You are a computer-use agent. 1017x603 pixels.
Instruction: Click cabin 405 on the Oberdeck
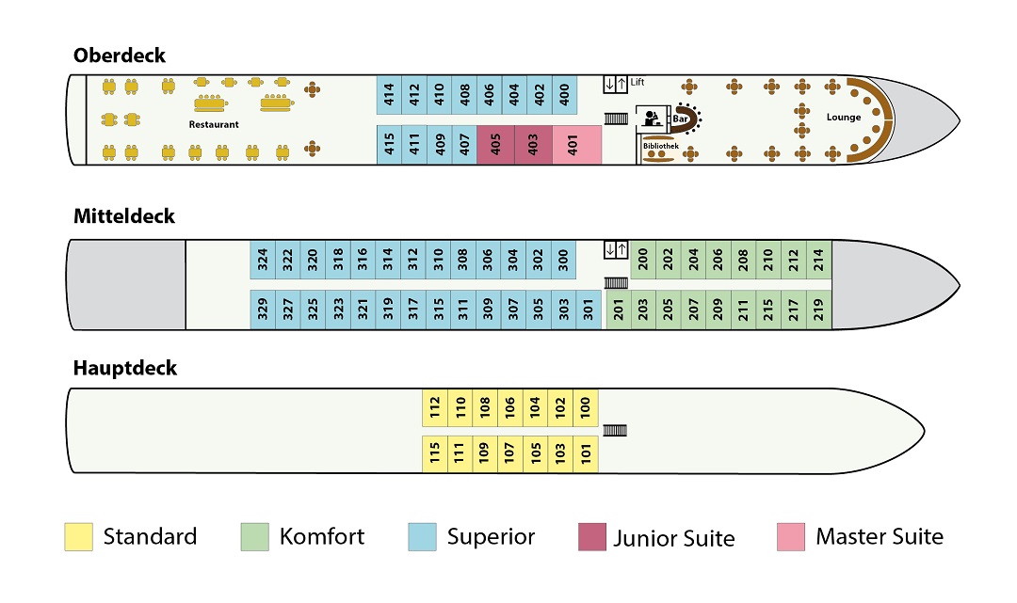click(495, 145)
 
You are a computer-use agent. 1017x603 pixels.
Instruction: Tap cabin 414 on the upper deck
click(389, 94)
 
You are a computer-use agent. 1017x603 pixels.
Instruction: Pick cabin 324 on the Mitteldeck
click(263, 259)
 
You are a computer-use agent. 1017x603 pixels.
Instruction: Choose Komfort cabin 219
click(818, 309)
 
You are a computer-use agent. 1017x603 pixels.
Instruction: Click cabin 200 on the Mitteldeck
click(643, 259)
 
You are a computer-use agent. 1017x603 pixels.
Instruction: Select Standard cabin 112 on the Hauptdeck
click(434, 406)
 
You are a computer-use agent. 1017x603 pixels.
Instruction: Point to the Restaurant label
click(214, 124)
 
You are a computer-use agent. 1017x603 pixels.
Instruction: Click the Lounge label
click(844, 117)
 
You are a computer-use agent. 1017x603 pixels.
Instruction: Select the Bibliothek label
click(660, 146)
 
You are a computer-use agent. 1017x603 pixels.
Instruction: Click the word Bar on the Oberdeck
click(680, 119)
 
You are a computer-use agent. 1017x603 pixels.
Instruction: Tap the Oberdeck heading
click(120, 56)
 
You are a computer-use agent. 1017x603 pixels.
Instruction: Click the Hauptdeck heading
click(125, 368)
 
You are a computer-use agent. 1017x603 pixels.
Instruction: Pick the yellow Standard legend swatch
click(78, 537)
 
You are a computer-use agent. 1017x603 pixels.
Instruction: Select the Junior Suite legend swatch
click(592, 537)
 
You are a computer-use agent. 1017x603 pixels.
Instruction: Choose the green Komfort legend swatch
click(255, 537)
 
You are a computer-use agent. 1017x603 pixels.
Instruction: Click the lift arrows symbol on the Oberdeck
click(615, 85)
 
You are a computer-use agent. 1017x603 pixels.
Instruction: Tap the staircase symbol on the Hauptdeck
click(615, 430)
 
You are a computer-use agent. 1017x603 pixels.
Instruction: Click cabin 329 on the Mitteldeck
click(263, 309)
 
